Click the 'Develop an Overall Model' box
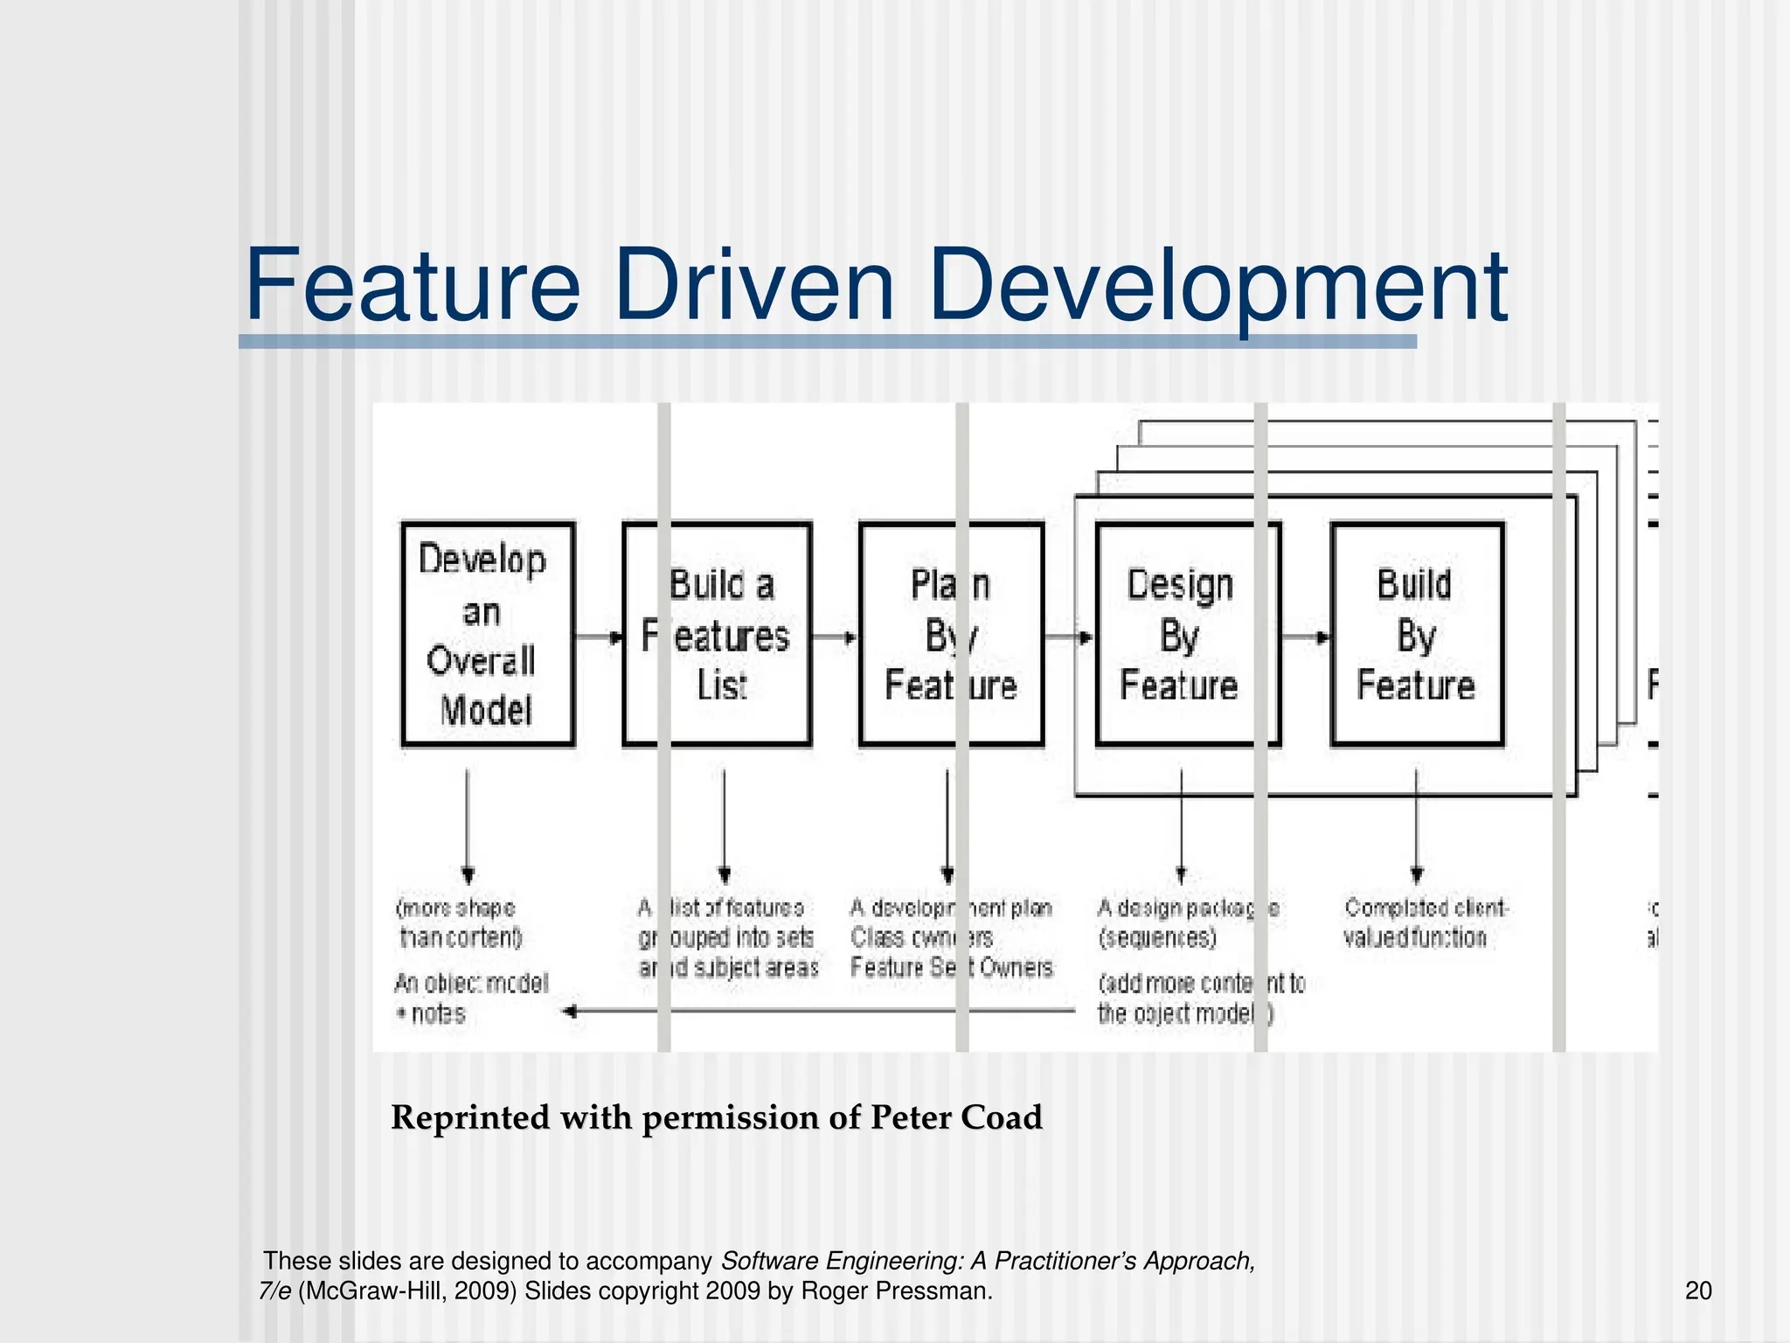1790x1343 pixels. pyautogui.click(x=487, y=634)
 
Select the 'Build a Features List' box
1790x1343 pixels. pyautogui.click(x=717, y=634)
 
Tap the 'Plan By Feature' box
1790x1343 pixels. pyautogui.click(x=951, y=634)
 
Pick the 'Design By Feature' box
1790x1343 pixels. pyautogui.click(x=1187, y=634)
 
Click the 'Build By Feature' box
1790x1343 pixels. pyautogui.click(x=1417, y=634)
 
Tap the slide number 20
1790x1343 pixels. pyautogui.click(x=1698, y=1291)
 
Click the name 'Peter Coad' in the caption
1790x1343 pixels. pyautogui.click(x=956, y=1117)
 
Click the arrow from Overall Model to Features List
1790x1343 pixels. pyautogui.click(x=599, y=637)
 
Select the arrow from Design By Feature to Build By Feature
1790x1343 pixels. pyautogui.click(x=1305, y=637)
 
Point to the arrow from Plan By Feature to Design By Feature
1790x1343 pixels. pyautogui.click(x=1069, y=637)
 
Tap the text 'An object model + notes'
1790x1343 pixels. pyautogui.click(x=470, y=999)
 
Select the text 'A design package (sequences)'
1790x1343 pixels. pyautogui.click(x=1187, y=922)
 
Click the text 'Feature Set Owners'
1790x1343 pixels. pyautogui.click(x=951, y=967)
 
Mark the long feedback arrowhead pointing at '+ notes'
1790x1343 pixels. pyautogui.click(x=571, y=1012)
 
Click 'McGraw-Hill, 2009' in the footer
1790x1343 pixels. pyautogui.click(x=407, y=1291)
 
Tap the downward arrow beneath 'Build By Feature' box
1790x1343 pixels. pyautogui.click(x=1417, y=826)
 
